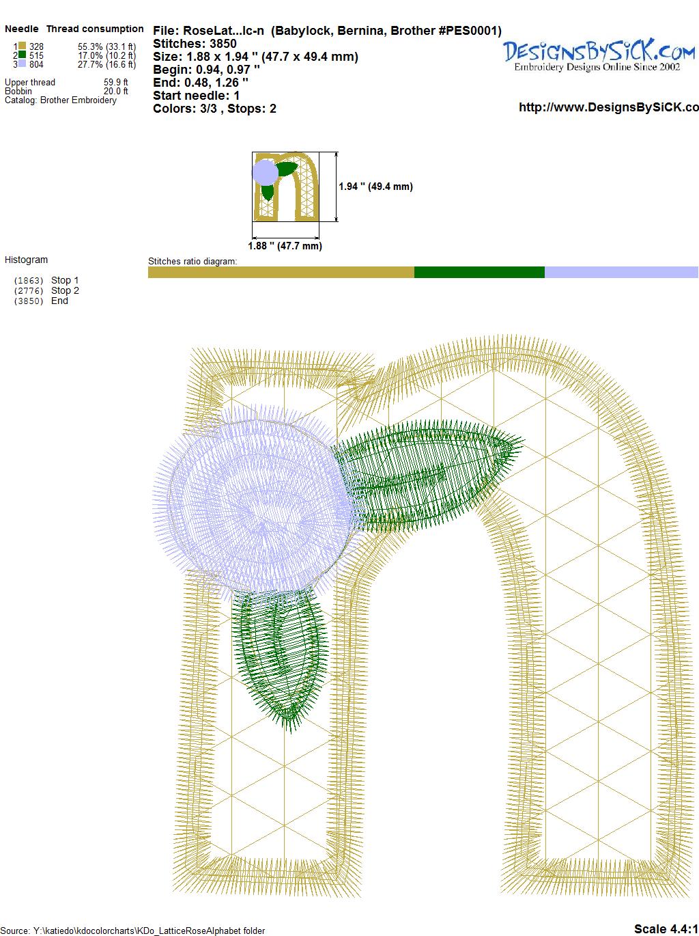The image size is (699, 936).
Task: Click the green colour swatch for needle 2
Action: point(22,55)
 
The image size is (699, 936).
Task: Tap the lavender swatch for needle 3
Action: point(22,64)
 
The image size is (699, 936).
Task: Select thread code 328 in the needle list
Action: point(36,46)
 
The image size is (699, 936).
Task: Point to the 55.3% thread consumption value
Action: point(90,46)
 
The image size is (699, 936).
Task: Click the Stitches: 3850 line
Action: point(195,44)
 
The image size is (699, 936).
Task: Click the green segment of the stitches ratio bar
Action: point(479,272)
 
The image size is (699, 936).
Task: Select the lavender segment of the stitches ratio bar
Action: point(621,272)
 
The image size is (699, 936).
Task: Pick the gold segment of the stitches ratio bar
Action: point(281,272)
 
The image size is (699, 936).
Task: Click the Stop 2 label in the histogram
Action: point(65,290)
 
